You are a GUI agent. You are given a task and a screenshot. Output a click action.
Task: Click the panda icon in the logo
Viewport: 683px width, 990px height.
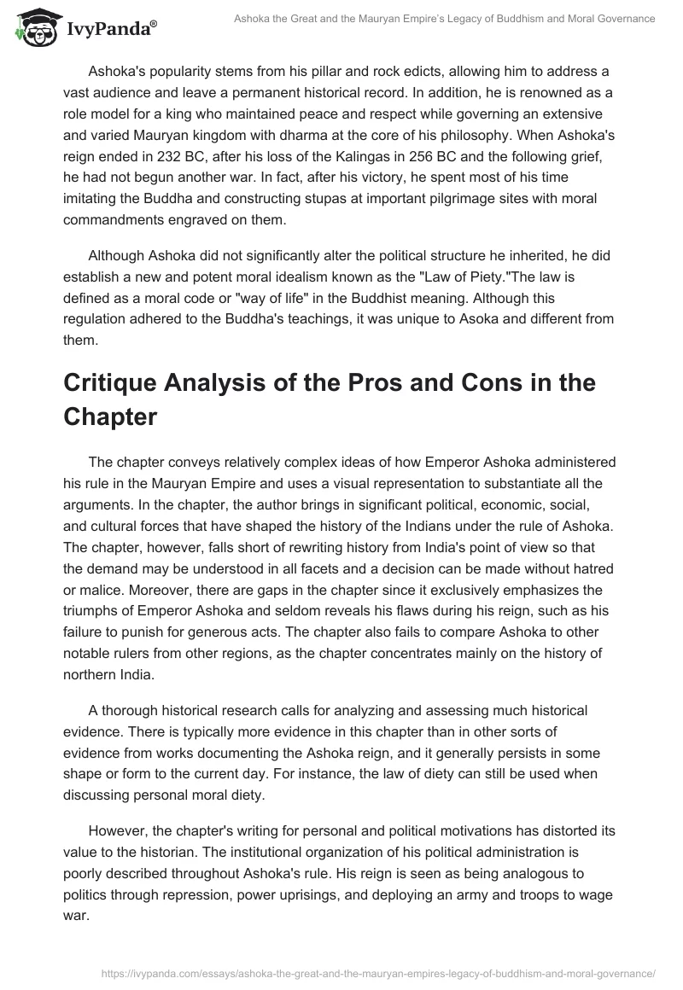[32, 26]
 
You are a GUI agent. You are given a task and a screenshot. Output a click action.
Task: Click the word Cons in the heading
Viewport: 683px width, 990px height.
[452, 383]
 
